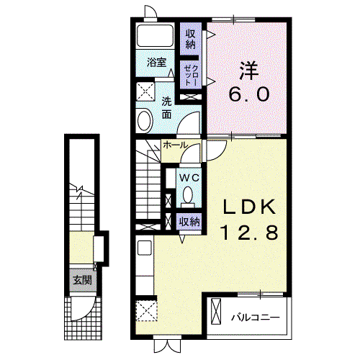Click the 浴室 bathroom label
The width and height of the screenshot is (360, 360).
click(x=156, y=63)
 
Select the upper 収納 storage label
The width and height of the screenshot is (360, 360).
click(x=191, y=39)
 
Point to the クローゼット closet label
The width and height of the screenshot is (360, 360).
click(x=191, y=75)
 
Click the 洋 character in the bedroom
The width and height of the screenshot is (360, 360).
click(x=249, y=71)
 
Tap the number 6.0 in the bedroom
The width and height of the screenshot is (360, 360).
click(x=249, y=94)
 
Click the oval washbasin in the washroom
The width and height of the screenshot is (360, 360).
click(x=145, y=120)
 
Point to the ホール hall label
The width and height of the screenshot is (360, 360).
click(x=175, y=145)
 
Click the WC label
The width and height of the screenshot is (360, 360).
click(x=189, y=178)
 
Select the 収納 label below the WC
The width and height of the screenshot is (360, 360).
click(x=190, y=222)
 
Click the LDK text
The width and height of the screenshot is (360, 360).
click(x=249, y=207)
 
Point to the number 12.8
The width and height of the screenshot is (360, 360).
click(x=249, y=233)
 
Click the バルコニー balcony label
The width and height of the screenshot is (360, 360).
click(x=256, y=318)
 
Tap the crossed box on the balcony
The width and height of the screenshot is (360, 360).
click(x=215, y=311)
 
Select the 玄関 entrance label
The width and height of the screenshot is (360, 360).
click(x=83, y=280)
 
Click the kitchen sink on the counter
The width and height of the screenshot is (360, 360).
click(x=145, y=248)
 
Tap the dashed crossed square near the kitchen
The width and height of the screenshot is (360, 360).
click(x=146, y=310)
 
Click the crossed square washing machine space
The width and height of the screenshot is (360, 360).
click(x=145, y=92)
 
